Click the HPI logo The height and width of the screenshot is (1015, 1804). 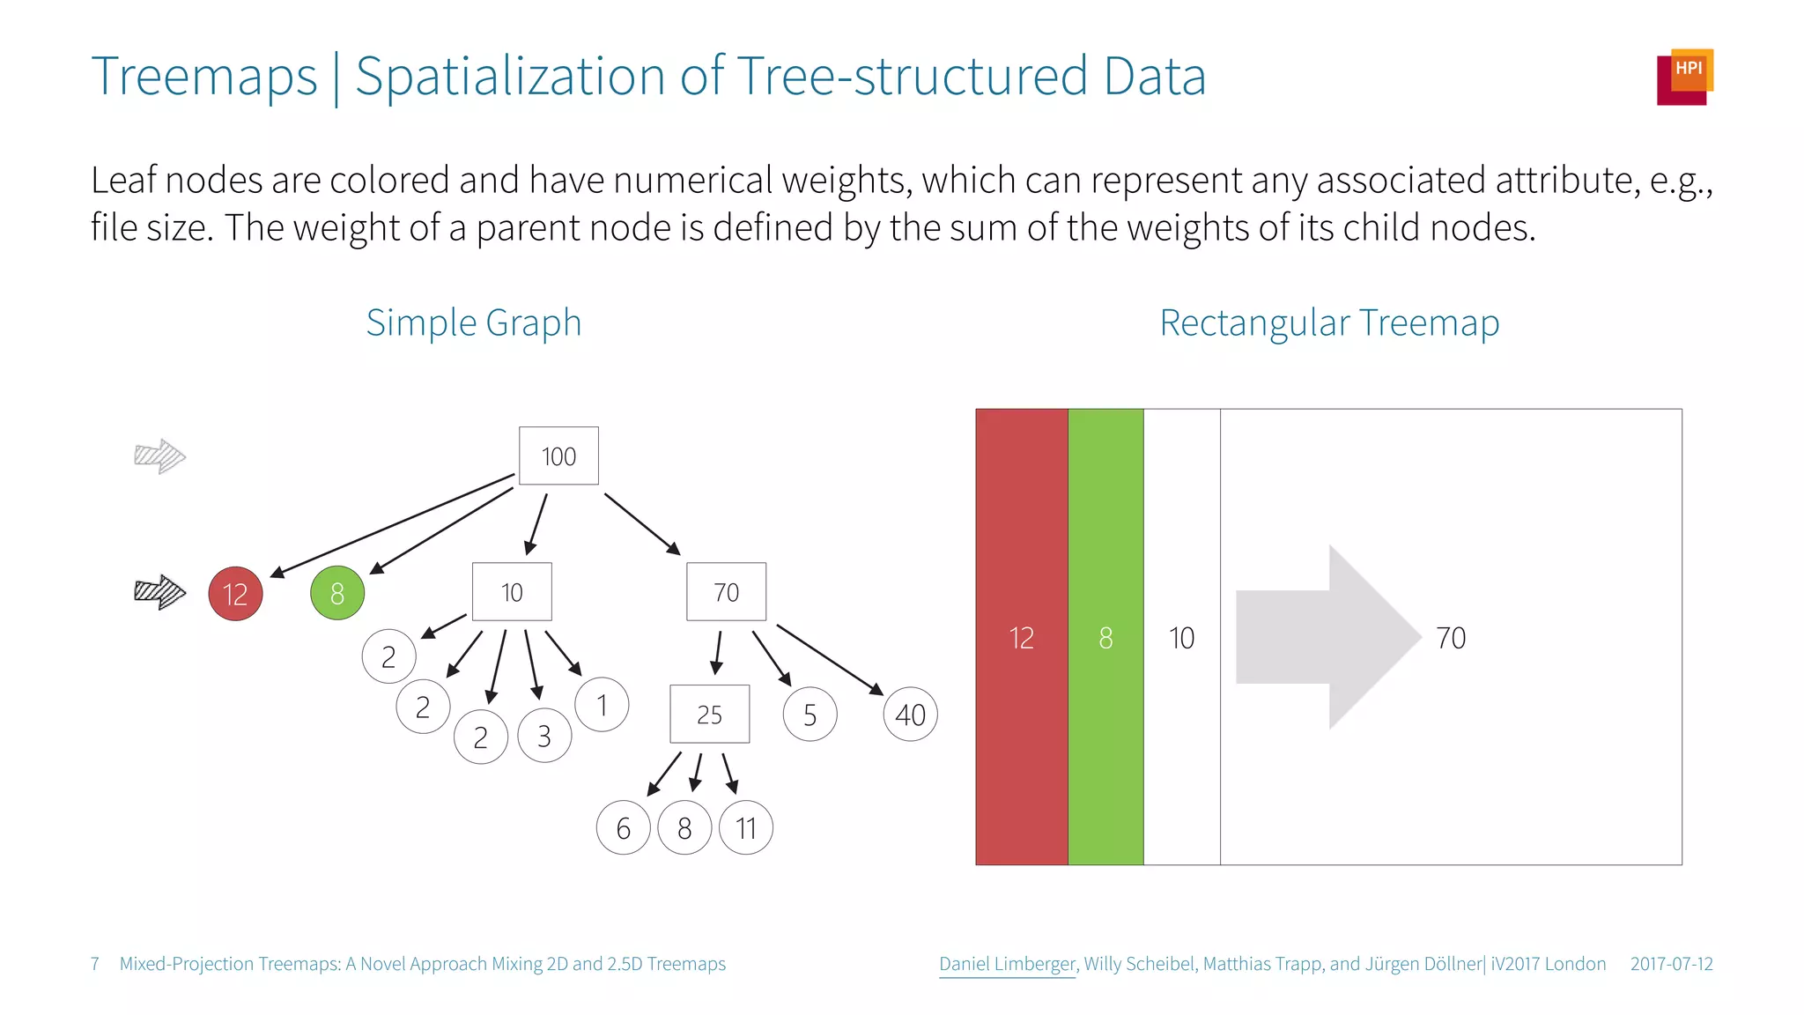1684,77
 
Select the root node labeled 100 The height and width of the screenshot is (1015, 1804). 558,456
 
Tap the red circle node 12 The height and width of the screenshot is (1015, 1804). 235,594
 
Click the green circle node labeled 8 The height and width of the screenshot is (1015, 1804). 337,593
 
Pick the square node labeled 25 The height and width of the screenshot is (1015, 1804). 709,714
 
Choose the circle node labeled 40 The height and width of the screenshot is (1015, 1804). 910,715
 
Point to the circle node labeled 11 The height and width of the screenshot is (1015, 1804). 746,828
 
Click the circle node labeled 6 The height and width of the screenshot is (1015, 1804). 623,828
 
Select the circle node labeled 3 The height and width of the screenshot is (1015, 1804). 544,736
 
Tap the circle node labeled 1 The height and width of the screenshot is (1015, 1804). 602,705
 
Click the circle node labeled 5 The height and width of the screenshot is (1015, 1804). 810,715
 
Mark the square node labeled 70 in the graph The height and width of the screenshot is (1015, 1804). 726,592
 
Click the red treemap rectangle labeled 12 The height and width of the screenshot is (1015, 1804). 1021,637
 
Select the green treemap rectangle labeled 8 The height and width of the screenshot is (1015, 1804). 1105,637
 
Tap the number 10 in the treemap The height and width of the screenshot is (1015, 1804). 1181,638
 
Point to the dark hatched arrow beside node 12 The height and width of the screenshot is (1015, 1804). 159,592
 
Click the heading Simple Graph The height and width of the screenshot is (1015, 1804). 474,322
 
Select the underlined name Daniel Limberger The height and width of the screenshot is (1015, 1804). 1007,964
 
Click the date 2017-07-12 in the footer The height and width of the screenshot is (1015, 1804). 1671,964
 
